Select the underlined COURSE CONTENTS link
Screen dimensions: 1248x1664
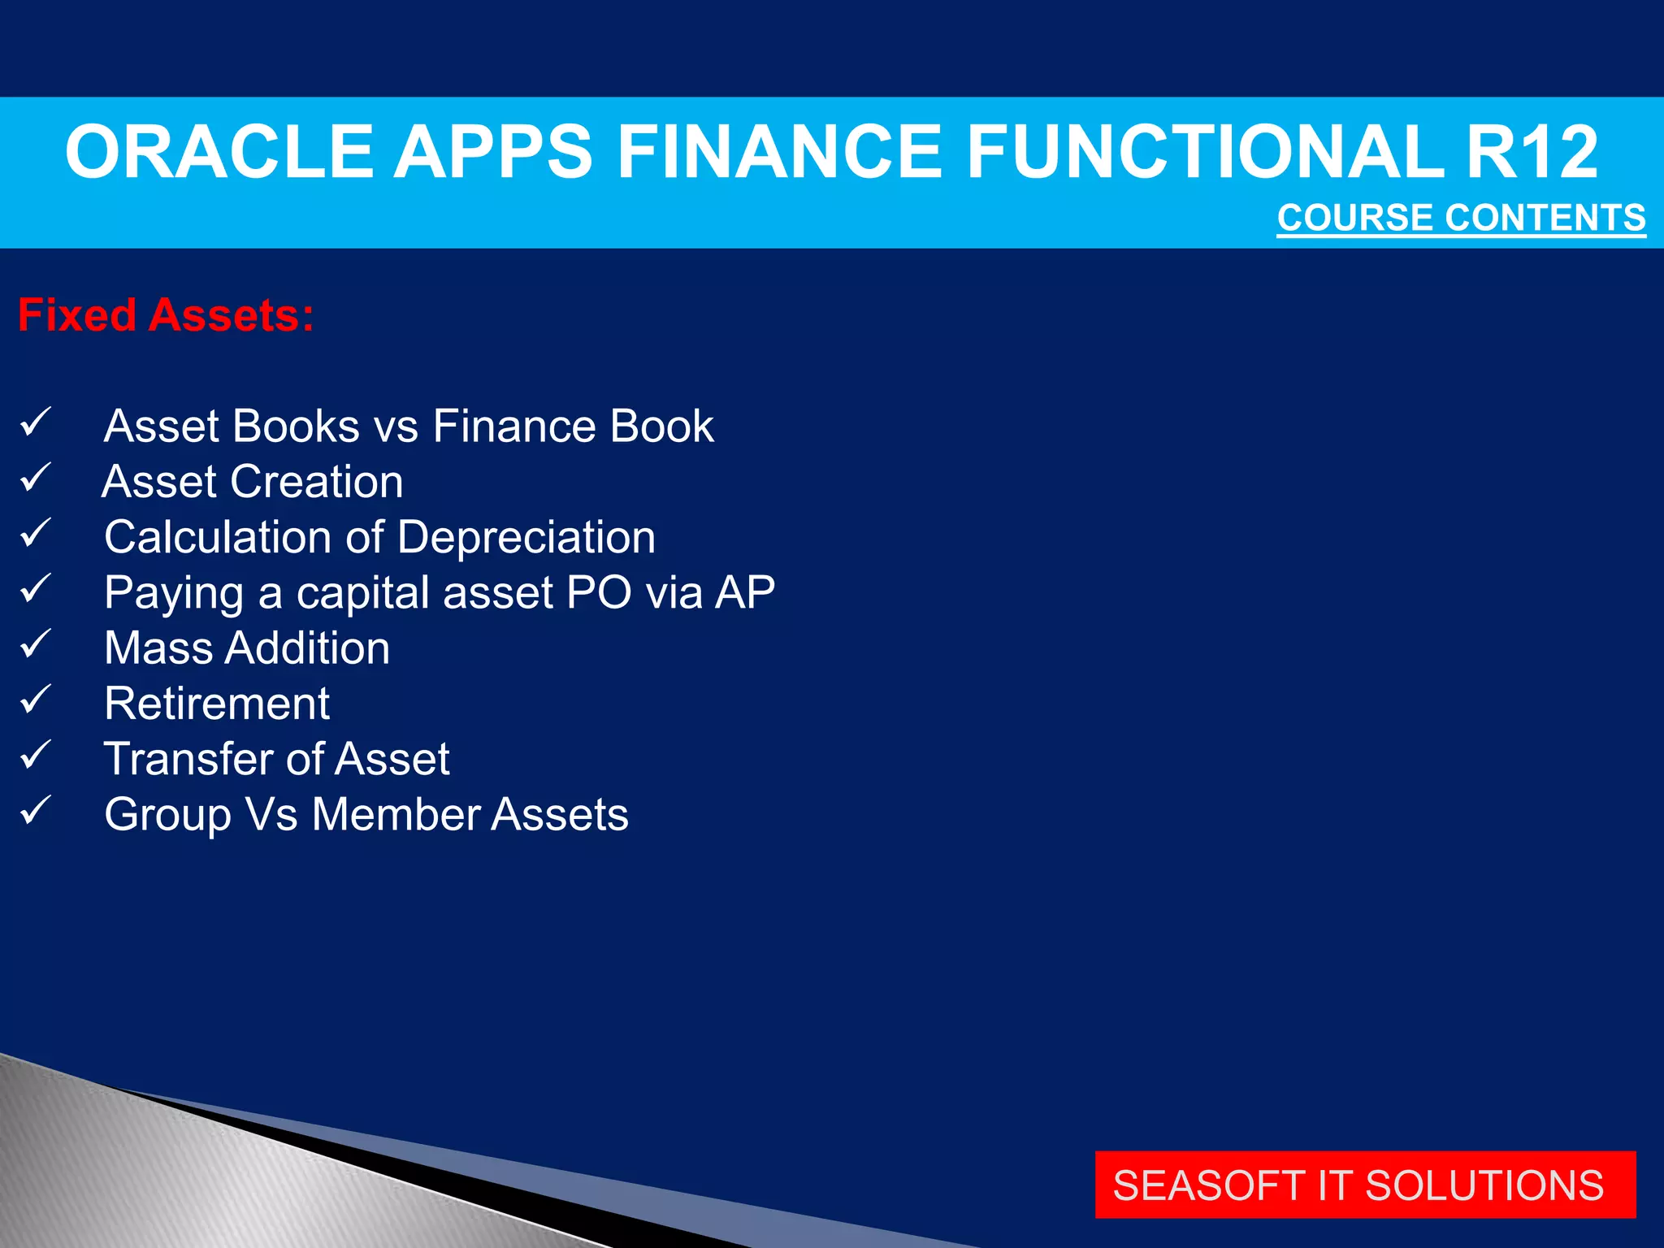(1461, 218)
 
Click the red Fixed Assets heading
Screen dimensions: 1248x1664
(166, 315)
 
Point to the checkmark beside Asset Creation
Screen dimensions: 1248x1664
(36, 479)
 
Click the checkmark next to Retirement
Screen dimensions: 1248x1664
(36, 700)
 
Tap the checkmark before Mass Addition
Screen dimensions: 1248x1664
(36, 645)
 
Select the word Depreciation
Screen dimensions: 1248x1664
(526, 538)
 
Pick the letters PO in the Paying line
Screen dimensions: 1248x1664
(599, 592)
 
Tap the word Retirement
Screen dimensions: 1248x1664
(217, 704)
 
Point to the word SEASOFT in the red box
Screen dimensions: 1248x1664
(1209, 1185)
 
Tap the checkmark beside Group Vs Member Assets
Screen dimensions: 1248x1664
(36, 811)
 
